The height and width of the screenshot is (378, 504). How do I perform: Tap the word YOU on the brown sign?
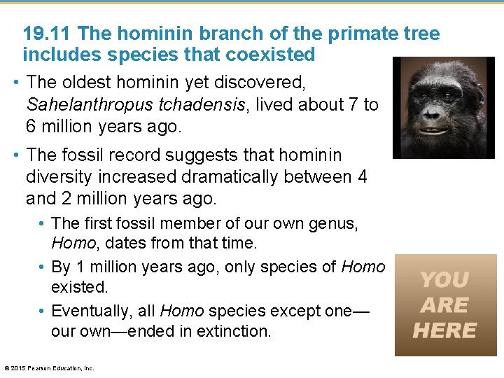coord(444,280)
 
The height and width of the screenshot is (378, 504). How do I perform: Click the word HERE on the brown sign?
coord(444,330)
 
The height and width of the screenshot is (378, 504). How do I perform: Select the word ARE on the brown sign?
coord(444,305)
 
